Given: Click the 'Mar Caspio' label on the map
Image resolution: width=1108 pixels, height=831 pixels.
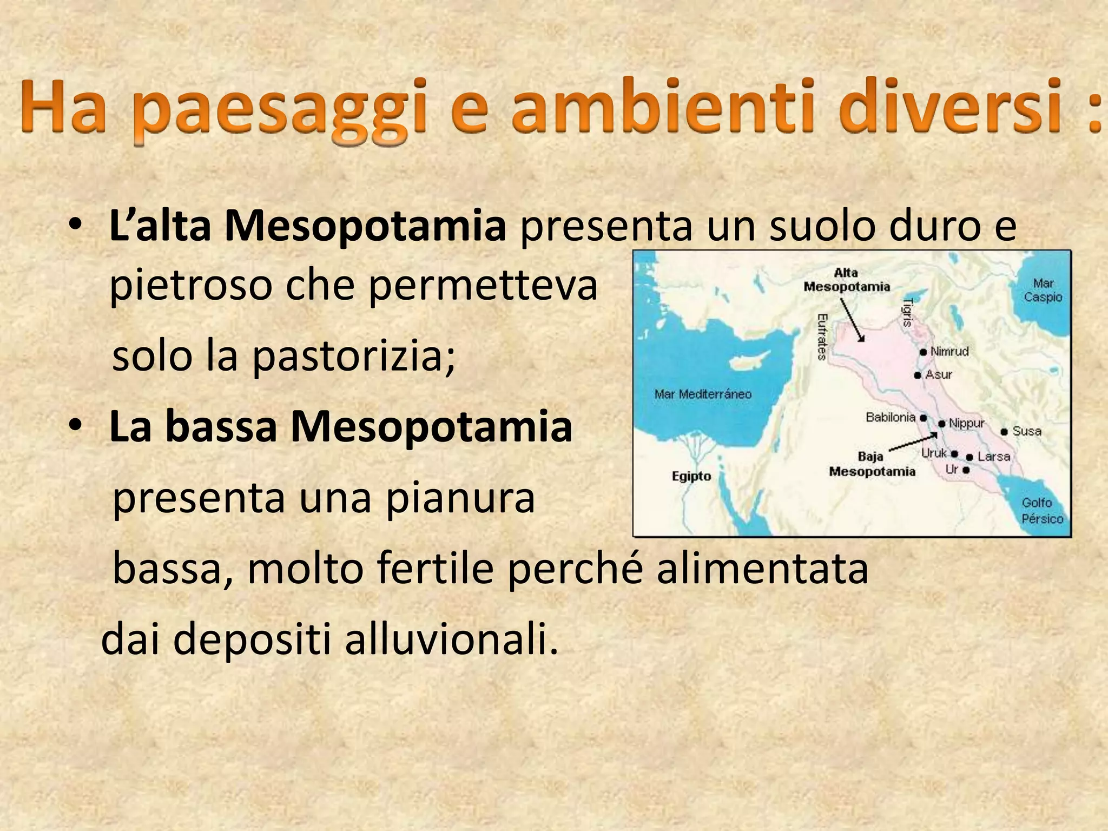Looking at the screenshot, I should pos(1043,290).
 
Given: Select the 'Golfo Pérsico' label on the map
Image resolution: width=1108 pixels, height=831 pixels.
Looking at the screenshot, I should pos(1041,511).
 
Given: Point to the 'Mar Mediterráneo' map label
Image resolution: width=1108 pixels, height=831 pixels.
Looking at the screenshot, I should pos(703,394).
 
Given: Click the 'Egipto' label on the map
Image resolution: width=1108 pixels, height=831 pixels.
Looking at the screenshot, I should pos(691,476).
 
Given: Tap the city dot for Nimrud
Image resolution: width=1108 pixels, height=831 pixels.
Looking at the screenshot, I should pos(923,352).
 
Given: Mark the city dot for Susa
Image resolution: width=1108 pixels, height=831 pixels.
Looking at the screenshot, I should pos(1004,432).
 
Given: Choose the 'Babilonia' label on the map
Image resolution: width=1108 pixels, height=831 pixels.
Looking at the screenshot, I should pos(890,417).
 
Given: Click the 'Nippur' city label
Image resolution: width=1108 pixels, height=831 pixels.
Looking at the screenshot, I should pos(967,423).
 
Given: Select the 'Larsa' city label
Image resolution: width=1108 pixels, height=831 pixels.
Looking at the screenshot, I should pos(994,457).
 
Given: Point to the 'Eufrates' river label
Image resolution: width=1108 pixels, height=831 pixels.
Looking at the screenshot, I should pos(822,337).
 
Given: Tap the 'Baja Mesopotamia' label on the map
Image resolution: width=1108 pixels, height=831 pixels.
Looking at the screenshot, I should pos(872,464).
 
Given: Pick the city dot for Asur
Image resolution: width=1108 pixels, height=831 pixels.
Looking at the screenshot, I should pos(918,375).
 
